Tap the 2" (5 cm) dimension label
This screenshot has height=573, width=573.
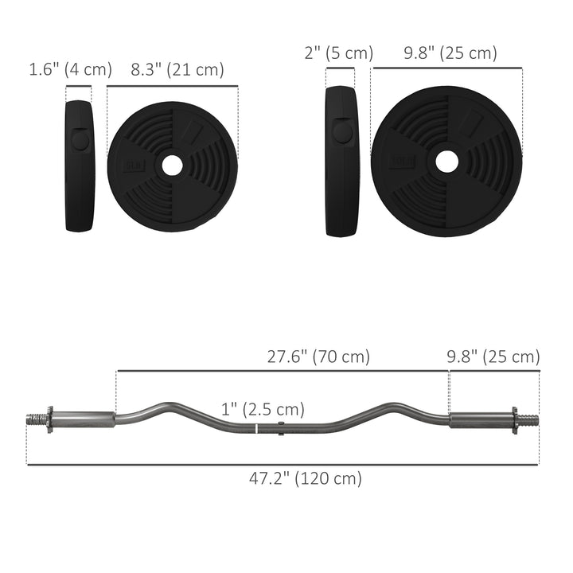click(339, 53)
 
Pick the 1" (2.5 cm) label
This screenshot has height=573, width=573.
click(263, 409)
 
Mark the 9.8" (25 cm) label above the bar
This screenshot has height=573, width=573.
click(492, 357)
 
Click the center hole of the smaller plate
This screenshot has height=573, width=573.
click(172, 166)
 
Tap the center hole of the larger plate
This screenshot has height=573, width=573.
click(446, 161)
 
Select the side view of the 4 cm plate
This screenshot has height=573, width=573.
click(80, 166)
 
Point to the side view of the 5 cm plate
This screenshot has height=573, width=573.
click(342, 161)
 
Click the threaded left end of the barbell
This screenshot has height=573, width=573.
click(36, 419)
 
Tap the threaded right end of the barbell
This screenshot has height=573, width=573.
click(530, 419)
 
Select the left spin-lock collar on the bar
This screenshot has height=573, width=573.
click(49, 419)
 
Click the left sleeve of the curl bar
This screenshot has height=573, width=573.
click(84, 419)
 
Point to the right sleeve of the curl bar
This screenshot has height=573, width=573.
click(480, 419)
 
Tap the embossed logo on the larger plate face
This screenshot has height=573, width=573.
click(397, 162)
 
